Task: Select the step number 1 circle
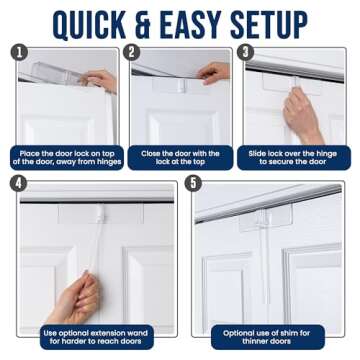tap(19, 52)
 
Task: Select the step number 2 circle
tap(133, 52)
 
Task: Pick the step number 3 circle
tap(246, 52)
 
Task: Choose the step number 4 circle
tap(19, 183)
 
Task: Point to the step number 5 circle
tap(193, 183)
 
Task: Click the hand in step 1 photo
tap(100, 80)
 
